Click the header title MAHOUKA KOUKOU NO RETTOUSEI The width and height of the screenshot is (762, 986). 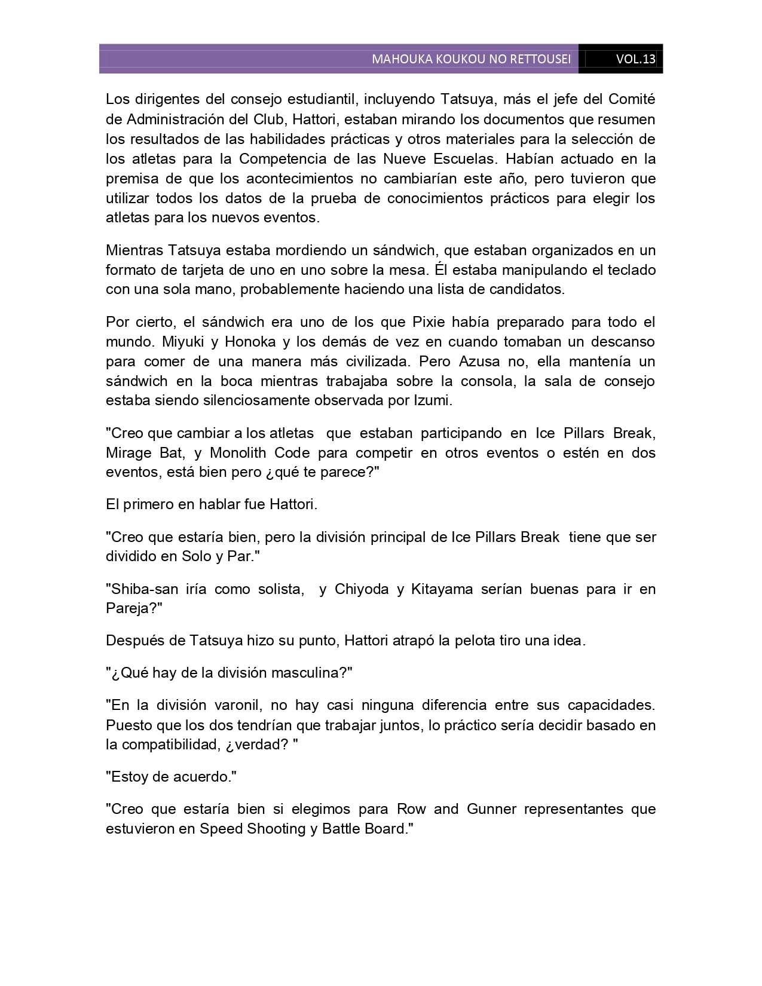point(471,59)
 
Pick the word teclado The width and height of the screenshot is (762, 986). point(632,270)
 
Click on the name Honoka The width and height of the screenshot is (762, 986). point(224,342)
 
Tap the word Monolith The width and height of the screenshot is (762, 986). point(238,452)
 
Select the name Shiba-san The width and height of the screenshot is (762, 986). point(142,589)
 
